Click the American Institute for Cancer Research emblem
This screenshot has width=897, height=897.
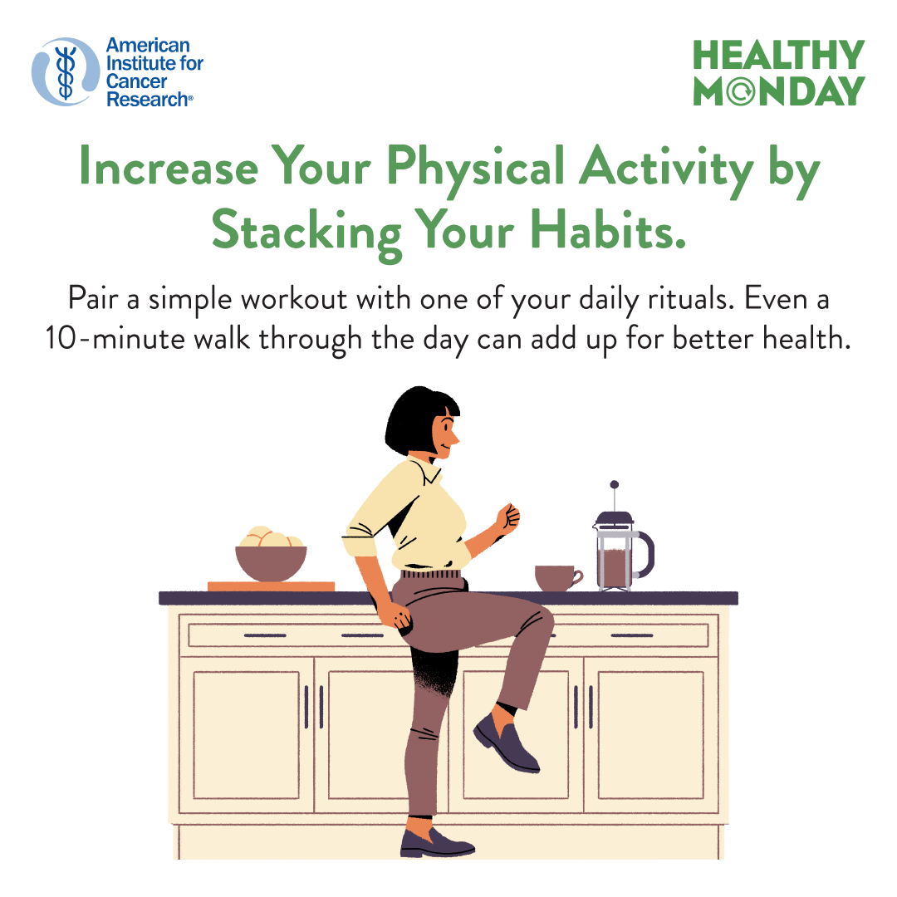[66, 72]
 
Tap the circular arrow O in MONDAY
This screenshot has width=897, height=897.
[742, 91]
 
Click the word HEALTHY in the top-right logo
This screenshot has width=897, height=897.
[778, 55]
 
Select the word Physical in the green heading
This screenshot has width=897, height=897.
[476, 168]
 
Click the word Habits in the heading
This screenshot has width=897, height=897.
[607, 231]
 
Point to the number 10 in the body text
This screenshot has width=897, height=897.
[60, 339]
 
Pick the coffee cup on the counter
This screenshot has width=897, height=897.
[558, 578]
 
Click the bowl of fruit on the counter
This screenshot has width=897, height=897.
[271, 553]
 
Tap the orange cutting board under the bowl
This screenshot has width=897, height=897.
[271, 586]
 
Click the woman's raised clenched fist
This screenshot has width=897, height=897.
[507, 517]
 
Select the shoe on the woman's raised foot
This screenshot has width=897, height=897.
[506, 743]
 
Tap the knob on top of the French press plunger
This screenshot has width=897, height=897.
[614, 484]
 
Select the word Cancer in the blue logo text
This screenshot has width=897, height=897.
[136, 81]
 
